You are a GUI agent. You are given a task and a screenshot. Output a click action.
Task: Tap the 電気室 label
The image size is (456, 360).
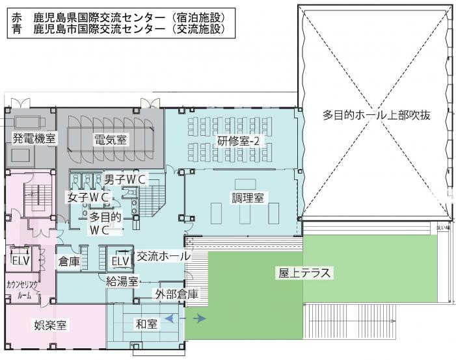point(110,139)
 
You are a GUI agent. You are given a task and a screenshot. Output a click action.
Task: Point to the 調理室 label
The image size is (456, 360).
point(248,198)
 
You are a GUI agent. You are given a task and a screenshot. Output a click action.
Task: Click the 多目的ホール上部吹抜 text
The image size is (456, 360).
point(377,115)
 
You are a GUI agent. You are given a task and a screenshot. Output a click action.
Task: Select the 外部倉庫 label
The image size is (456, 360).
point(176,294)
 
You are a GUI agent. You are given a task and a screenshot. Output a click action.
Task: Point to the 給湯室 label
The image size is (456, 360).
point(122,281)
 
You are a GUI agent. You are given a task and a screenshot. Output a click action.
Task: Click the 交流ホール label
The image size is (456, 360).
point(163,256)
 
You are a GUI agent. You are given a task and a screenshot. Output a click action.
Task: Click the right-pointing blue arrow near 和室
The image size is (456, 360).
point(198,318)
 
